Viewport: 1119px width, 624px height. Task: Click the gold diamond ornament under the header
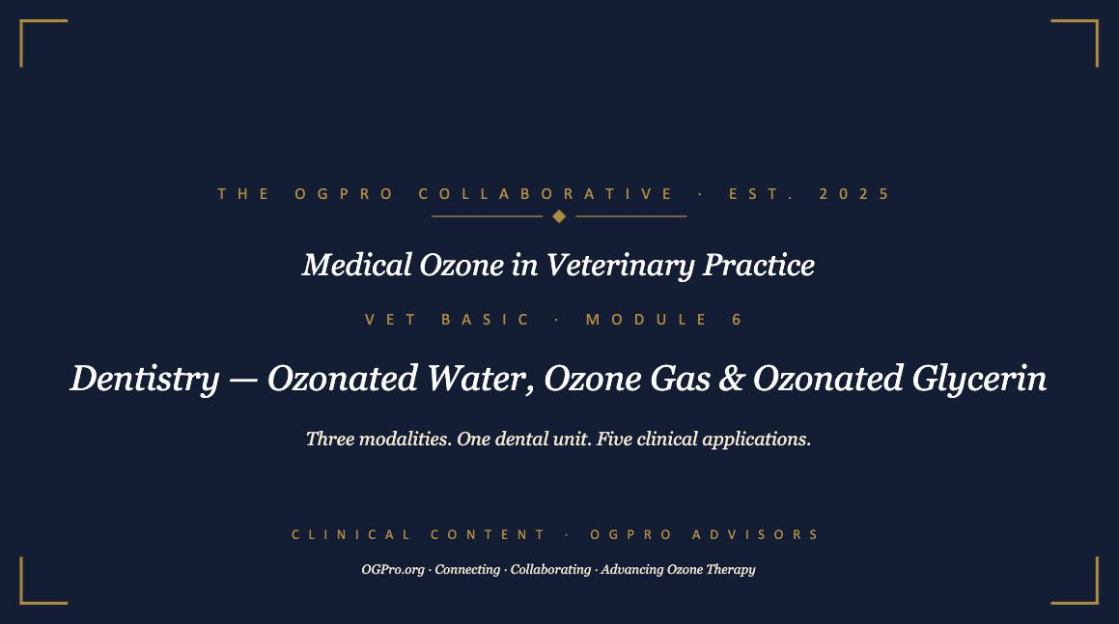(x=560, y=216)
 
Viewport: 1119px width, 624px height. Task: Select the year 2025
(x=854, y=194)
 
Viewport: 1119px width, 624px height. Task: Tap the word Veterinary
(x=620, y=266)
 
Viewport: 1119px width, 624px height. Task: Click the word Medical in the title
(x=357, y=265)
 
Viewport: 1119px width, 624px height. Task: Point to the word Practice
(x=759, y=265)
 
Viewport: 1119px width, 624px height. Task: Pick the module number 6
(x=738, y=319)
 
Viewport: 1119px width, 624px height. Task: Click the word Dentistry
(x=145, y=379)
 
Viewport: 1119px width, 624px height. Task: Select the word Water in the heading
(x=480, y=379)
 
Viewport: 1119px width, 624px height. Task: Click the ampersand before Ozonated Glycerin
(x=732, y=379)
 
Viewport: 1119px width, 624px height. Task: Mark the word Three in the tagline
(x=330, y=439)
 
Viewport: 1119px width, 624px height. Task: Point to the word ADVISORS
(x=756, y=535)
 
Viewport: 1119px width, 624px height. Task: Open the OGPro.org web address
(x=393, y=570)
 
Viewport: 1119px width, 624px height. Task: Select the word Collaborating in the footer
(x=550, y=570)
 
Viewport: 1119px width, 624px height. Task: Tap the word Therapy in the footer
(x=730, y=570)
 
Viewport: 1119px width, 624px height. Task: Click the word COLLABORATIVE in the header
(x=546, y=194)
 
